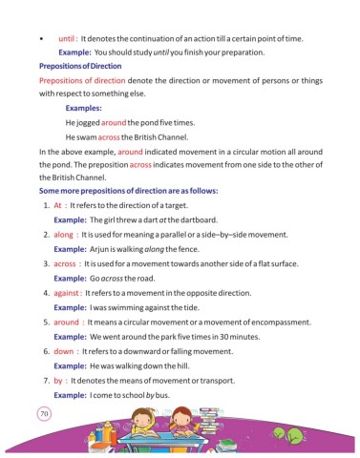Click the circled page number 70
(43, 414)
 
